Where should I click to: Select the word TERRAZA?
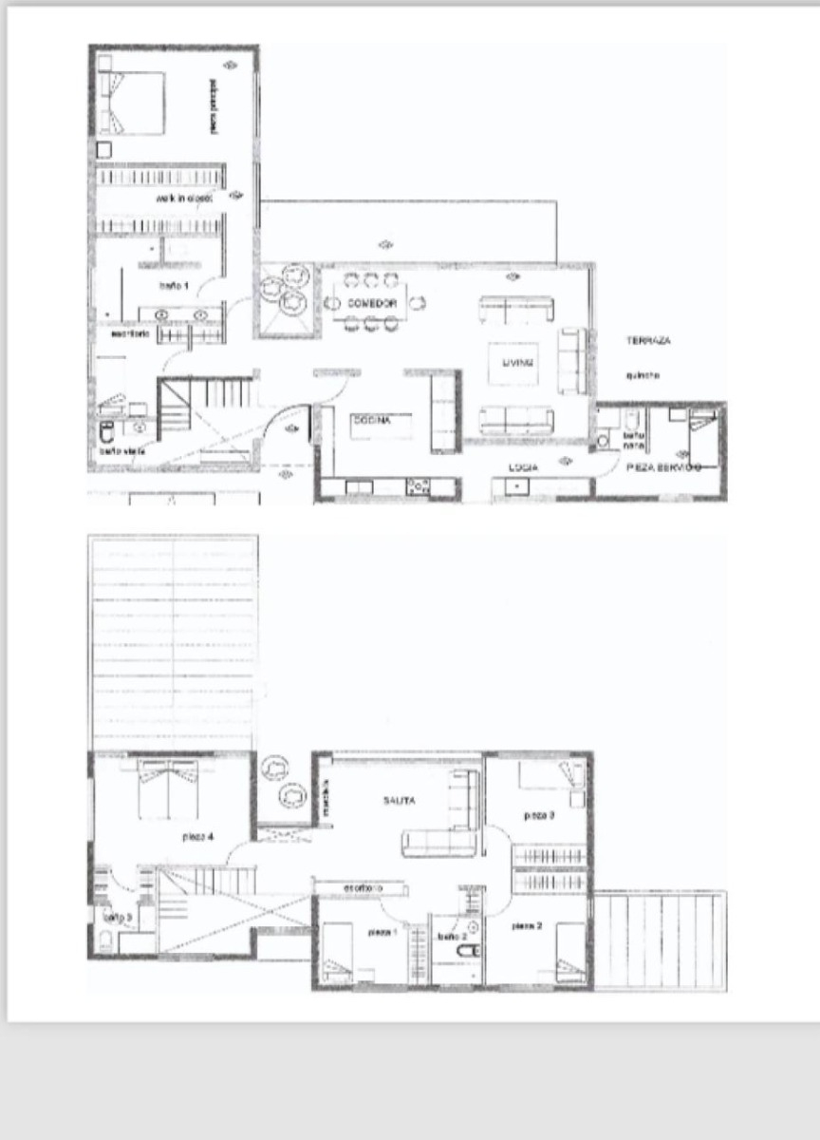[x=650, y=339]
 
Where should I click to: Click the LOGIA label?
[x=517, y=467]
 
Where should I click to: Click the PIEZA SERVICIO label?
[x=663, y=467]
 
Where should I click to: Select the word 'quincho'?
[x=643, y=375]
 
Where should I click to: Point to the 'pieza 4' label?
[x=196, y=837]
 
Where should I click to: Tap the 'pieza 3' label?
[x=539, y=815]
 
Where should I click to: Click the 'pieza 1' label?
[x=382, y=933]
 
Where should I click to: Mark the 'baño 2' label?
[x=450, y=936]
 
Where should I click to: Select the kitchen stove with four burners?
[x=418, y=485]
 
